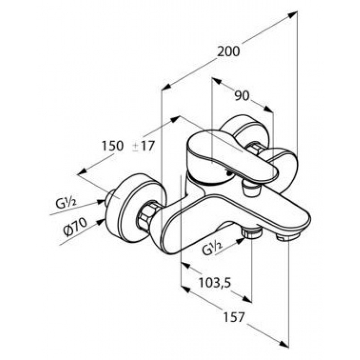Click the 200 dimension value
228,51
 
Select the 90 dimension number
242,96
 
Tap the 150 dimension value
113,146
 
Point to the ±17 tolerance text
143,146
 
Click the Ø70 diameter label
76,227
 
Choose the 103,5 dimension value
214,283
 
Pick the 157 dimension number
233,317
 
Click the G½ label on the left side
66,203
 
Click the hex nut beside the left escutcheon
146,215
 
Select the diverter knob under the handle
252,187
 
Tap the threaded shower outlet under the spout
251,232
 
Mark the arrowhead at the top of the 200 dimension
293,15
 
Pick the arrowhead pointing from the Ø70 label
101,222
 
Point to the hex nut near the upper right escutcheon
255,148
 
